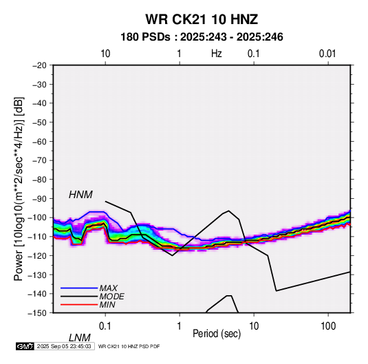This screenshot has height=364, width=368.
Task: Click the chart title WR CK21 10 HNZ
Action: (202, 19)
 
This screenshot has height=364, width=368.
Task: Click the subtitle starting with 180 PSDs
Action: (202, 37)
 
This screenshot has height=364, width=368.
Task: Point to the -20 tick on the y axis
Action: (39, 65)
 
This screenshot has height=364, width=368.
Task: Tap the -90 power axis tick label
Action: (39, 198)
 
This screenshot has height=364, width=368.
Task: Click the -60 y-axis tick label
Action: (39, 141)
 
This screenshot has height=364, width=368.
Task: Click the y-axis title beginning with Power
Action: (19, 189)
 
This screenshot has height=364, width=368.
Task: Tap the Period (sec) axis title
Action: (217, 334)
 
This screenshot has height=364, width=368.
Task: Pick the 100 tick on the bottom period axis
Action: (328, 326)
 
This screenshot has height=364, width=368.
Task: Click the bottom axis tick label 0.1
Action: (105, 326)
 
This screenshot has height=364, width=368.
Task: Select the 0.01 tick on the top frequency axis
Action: (327, 54)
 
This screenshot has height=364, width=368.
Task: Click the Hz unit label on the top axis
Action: (217, 54)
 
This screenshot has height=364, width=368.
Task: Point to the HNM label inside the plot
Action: (80, 195)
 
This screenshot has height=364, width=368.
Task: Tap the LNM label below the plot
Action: (80, 338)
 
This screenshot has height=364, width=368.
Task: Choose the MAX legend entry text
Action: (109, 288)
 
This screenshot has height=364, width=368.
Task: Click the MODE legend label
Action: (111, 297)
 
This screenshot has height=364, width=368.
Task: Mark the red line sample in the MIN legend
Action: (79, 305)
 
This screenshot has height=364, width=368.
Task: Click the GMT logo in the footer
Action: (25, 346)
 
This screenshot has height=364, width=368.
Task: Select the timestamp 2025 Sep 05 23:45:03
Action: (64, 346)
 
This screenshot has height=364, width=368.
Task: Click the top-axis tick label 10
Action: (105, 54)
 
